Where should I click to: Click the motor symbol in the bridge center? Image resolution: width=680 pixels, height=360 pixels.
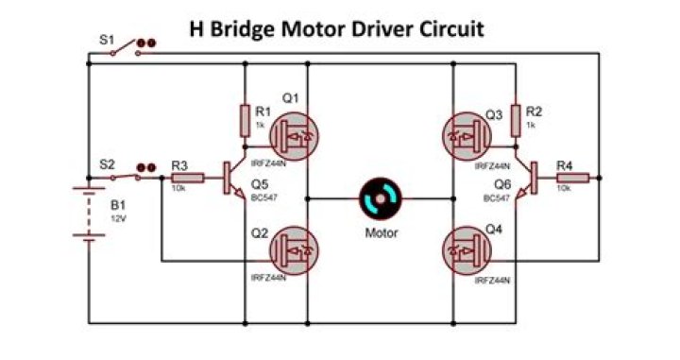[381, 198]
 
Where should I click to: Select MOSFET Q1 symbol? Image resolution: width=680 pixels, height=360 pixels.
[294, 137]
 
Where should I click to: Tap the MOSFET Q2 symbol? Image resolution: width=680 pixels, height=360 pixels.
[294, 250]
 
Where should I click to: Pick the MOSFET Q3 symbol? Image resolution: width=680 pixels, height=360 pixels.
[467, 137]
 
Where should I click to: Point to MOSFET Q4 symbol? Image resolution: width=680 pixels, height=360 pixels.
[467, 250]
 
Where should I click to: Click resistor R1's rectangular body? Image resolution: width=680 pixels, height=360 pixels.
[245, 121]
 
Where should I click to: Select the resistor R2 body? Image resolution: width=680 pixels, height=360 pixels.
[516, 121]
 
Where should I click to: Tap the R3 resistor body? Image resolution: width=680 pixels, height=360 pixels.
[188, 178]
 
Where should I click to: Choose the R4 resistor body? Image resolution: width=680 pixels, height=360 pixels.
[573, 178]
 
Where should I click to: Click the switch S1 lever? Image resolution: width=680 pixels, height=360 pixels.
[125, 47]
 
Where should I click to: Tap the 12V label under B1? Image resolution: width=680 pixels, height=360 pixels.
[118, 219]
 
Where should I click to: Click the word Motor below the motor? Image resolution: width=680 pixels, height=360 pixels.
[382, 233]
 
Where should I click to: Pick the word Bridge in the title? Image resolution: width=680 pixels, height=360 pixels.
[243, 30]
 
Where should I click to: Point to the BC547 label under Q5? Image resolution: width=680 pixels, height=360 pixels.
[264, 197]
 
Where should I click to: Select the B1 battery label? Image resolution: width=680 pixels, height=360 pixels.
[118, 205]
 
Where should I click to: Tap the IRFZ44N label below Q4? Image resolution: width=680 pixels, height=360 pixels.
[493, 281]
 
